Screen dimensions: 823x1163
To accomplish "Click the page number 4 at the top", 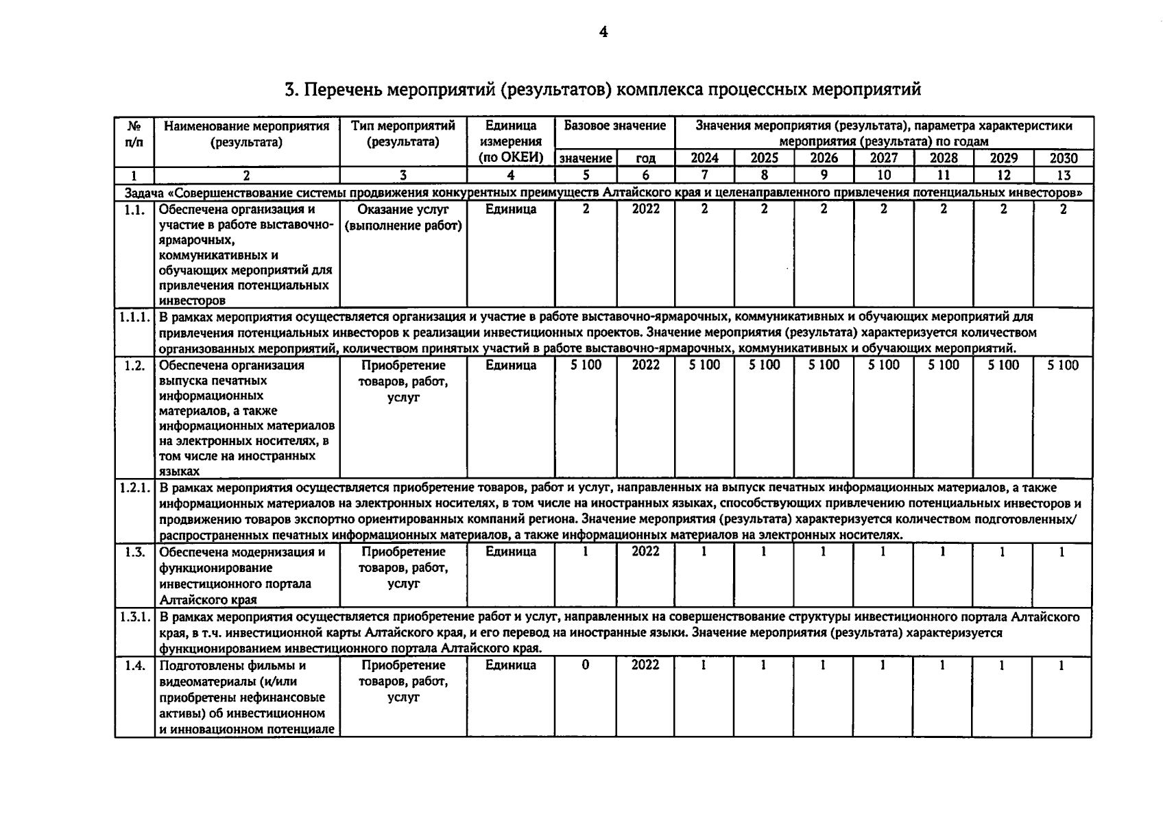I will (603, 32).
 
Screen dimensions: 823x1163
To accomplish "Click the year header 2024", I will (704, 158).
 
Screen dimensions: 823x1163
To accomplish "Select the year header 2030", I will (1063, 158).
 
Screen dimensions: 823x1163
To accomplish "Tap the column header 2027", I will (883, 158).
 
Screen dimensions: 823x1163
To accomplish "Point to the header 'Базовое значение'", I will (614, 126).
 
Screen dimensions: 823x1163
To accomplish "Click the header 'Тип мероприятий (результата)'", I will (403, 134).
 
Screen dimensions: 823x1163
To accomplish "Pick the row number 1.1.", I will (134, 210).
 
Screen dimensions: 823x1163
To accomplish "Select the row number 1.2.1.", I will (134, 488).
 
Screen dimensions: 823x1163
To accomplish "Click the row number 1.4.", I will (134, 665).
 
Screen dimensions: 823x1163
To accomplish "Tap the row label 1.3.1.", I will (134, 617).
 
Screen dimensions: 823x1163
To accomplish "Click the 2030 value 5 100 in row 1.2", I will (1063, 366).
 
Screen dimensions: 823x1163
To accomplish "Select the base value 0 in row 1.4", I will (585, 665).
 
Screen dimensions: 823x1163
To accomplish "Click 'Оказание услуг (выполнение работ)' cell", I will (403, 217).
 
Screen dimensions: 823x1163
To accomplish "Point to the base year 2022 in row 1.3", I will (645, 552).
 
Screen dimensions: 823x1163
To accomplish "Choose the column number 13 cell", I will (1063, 175).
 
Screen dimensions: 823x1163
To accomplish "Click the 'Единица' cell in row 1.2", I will (510, 366).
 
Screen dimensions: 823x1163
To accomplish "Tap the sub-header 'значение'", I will (586, 158).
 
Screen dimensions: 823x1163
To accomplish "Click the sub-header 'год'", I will (645, 158).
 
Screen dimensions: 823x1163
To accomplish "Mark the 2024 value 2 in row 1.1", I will (704, 210).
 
